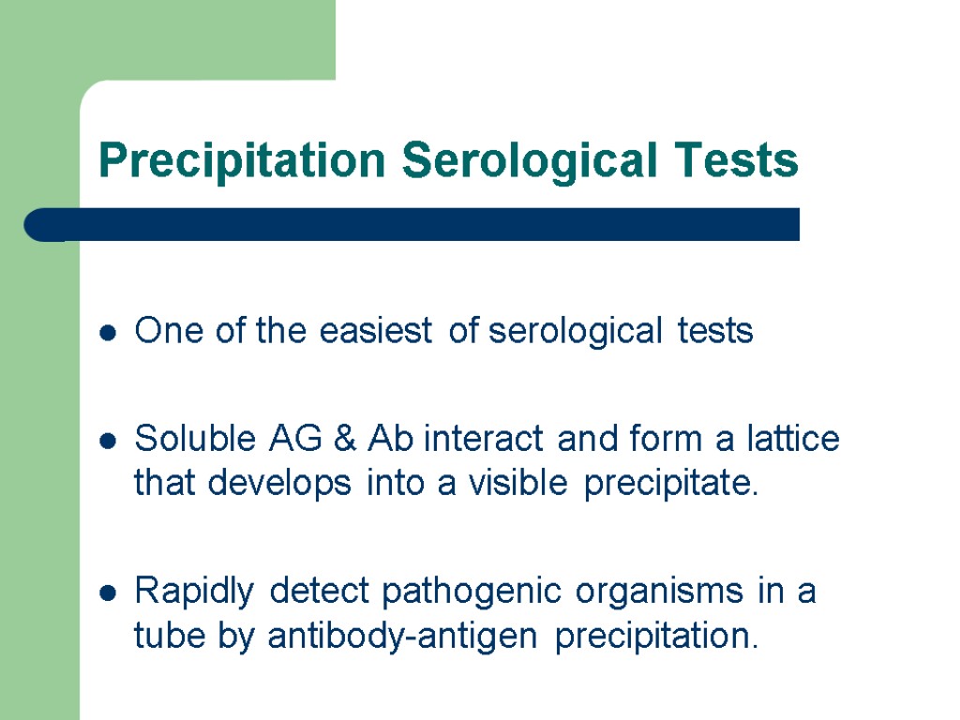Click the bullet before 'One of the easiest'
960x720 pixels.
click(109, 332)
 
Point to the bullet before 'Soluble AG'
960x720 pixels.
click(109, 440)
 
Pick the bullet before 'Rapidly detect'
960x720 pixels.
click(109, 593)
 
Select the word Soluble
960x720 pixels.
click(194, 438)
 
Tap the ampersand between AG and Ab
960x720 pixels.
click(343, 438)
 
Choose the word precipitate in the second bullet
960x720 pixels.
click(670, 485)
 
